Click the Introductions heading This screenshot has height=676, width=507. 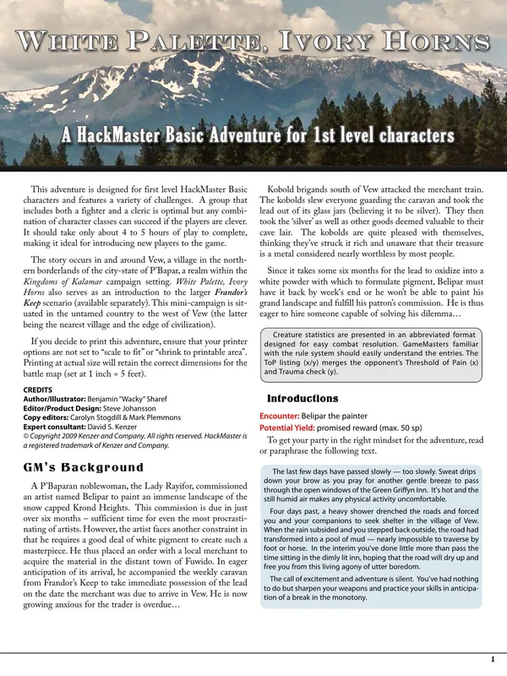point(303,398)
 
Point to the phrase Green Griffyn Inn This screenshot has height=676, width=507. point(388,491)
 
